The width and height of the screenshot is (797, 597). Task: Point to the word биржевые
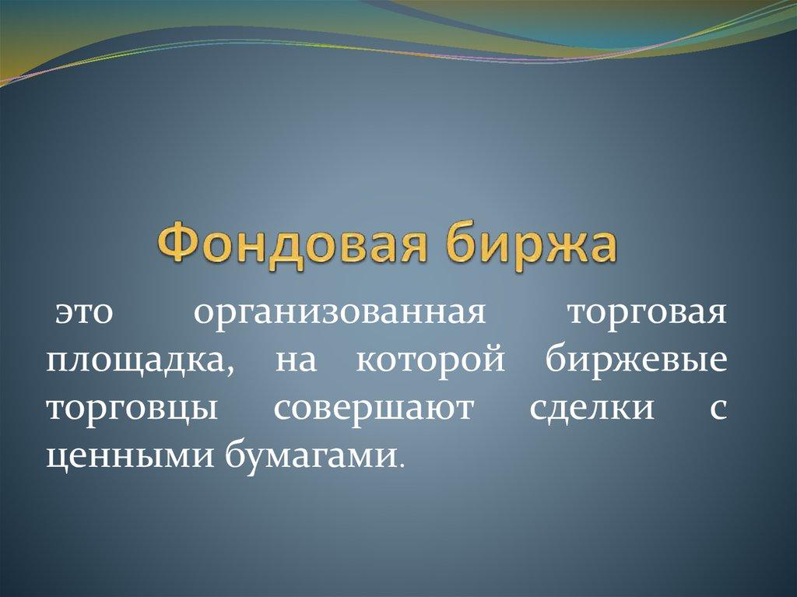coord(637,363)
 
